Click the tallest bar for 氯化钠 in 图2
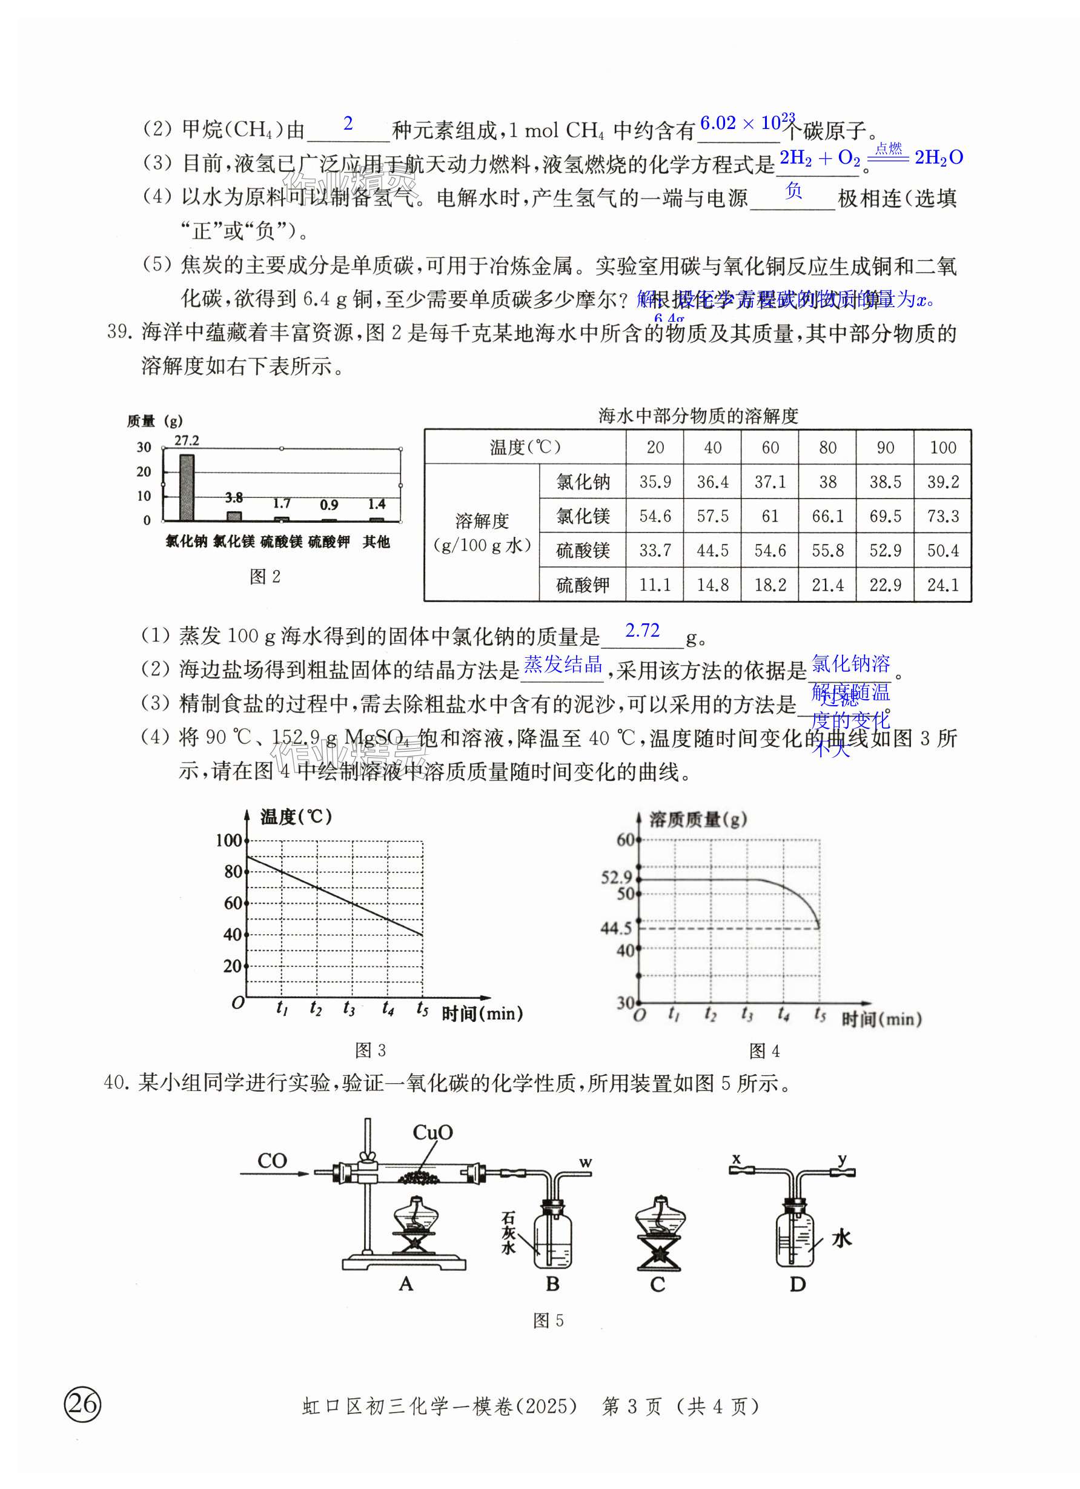pos(187,488)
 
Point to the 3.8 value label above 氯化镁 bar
pos(234,498)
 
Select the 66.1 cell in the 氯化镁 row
pos(827,516)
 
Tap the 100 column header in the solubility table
pos(942,448)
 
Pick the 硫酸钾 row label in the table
pos(582,585)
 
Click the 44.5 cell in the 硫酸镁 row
pos(712,550)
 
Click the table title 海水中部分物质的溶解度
pos(697,416)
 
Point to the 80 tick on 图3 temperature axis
pos(233,871)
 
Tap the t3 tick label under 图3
pos(349,1008)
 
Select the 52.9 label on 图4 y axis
pos(616,877)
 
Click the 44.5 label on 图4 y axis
pos(616,927)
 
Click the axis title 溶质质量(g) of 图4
pos(698,820)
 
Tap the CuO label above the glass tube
pos(432,1133)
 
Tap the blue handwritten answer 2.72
pos(642,630)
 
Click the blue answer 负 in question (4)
pos(793,191)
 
